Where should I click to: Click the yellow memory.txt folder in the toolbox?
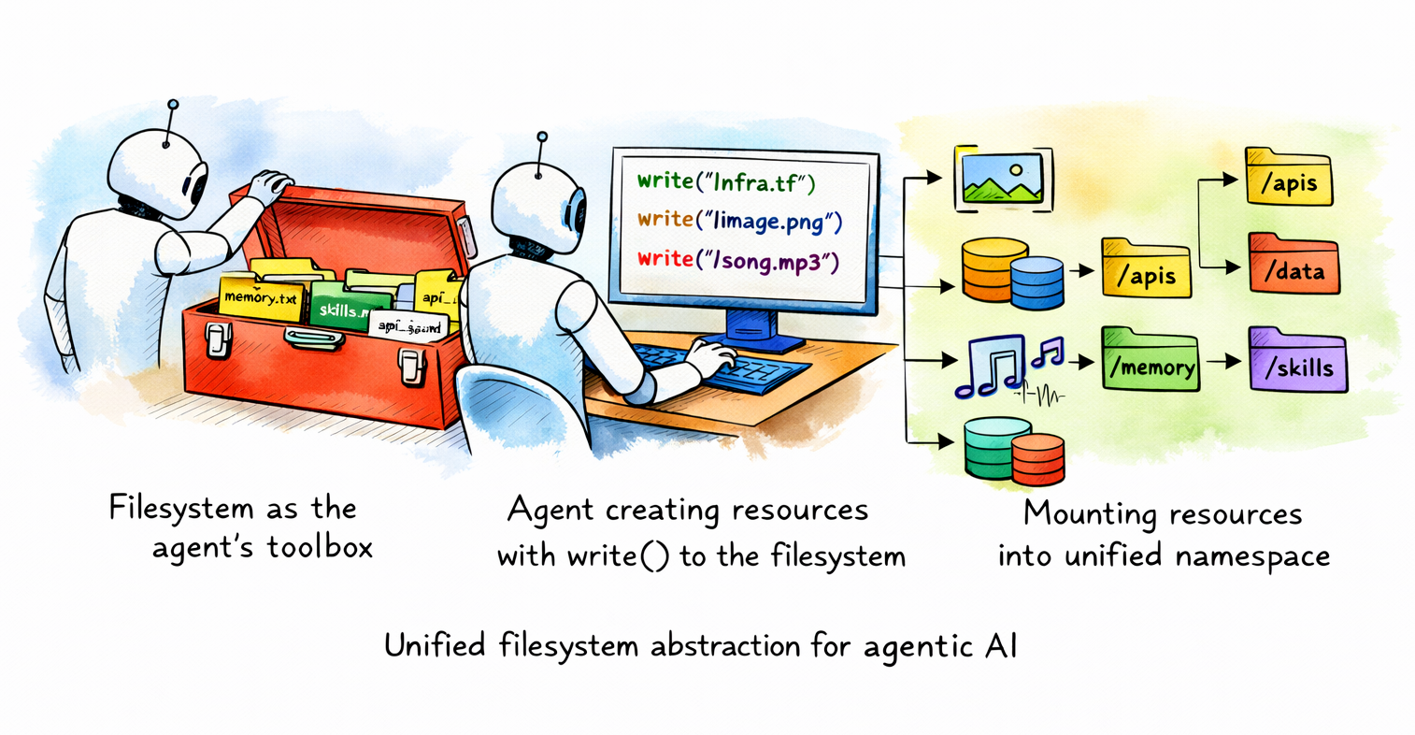pos(261,297)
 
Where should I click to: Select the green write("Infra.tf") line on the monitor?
pos(726,182)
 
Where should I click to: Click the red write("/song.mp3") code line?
pos(738,259)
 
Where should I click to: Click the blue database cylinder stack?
pos(1036,281)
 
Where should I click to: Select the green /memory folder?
pos(1150,361)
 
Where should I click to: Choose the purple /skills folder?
pos(1297,361)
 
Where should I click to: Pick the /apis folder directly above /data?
pos(1288,179)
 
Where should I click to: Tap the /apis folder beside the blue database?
pos(1146,270)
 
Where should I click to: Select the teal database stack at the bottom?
pos(994,449)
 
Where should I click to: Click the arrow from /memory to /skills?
pos(1224,361)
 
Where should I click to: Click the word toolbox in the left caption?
pos(320,547)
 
